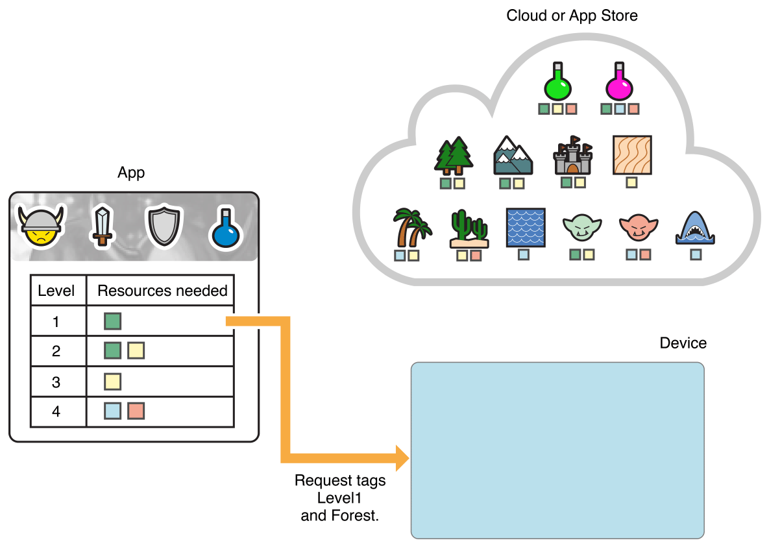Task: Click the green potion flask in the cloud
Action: [558, 81]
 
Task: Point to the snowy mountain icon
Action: [513, 156]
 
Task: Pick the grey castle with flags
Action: [573, 156]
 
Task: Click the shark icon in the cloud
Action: [695, 228]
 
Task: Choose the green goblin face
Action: [582, 228]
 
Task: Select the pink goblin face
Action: [639, 228]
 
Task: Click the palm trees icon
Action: [411, 227]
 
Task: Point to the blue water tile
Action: [525, 228]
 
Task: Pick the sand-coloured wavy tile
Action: [631, 155]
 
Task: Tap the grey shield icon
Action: [161, 226]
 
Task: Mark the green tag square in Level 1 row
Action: [112, 321]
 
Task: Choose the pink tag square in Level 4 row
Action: [136, 411]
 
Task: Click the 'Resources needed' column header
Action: [162, 291]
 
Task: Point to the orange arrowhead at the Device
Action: [401, 457]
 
